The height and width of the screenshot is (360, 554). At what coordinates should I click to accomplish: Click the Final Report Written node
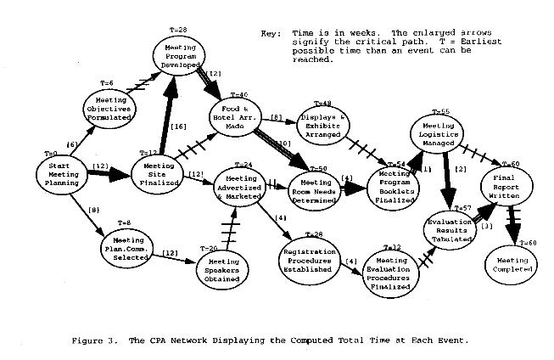[x=506, y=185]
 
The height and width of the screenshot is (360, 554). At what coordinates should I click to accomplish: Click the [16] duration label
[x=178, y=127]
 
